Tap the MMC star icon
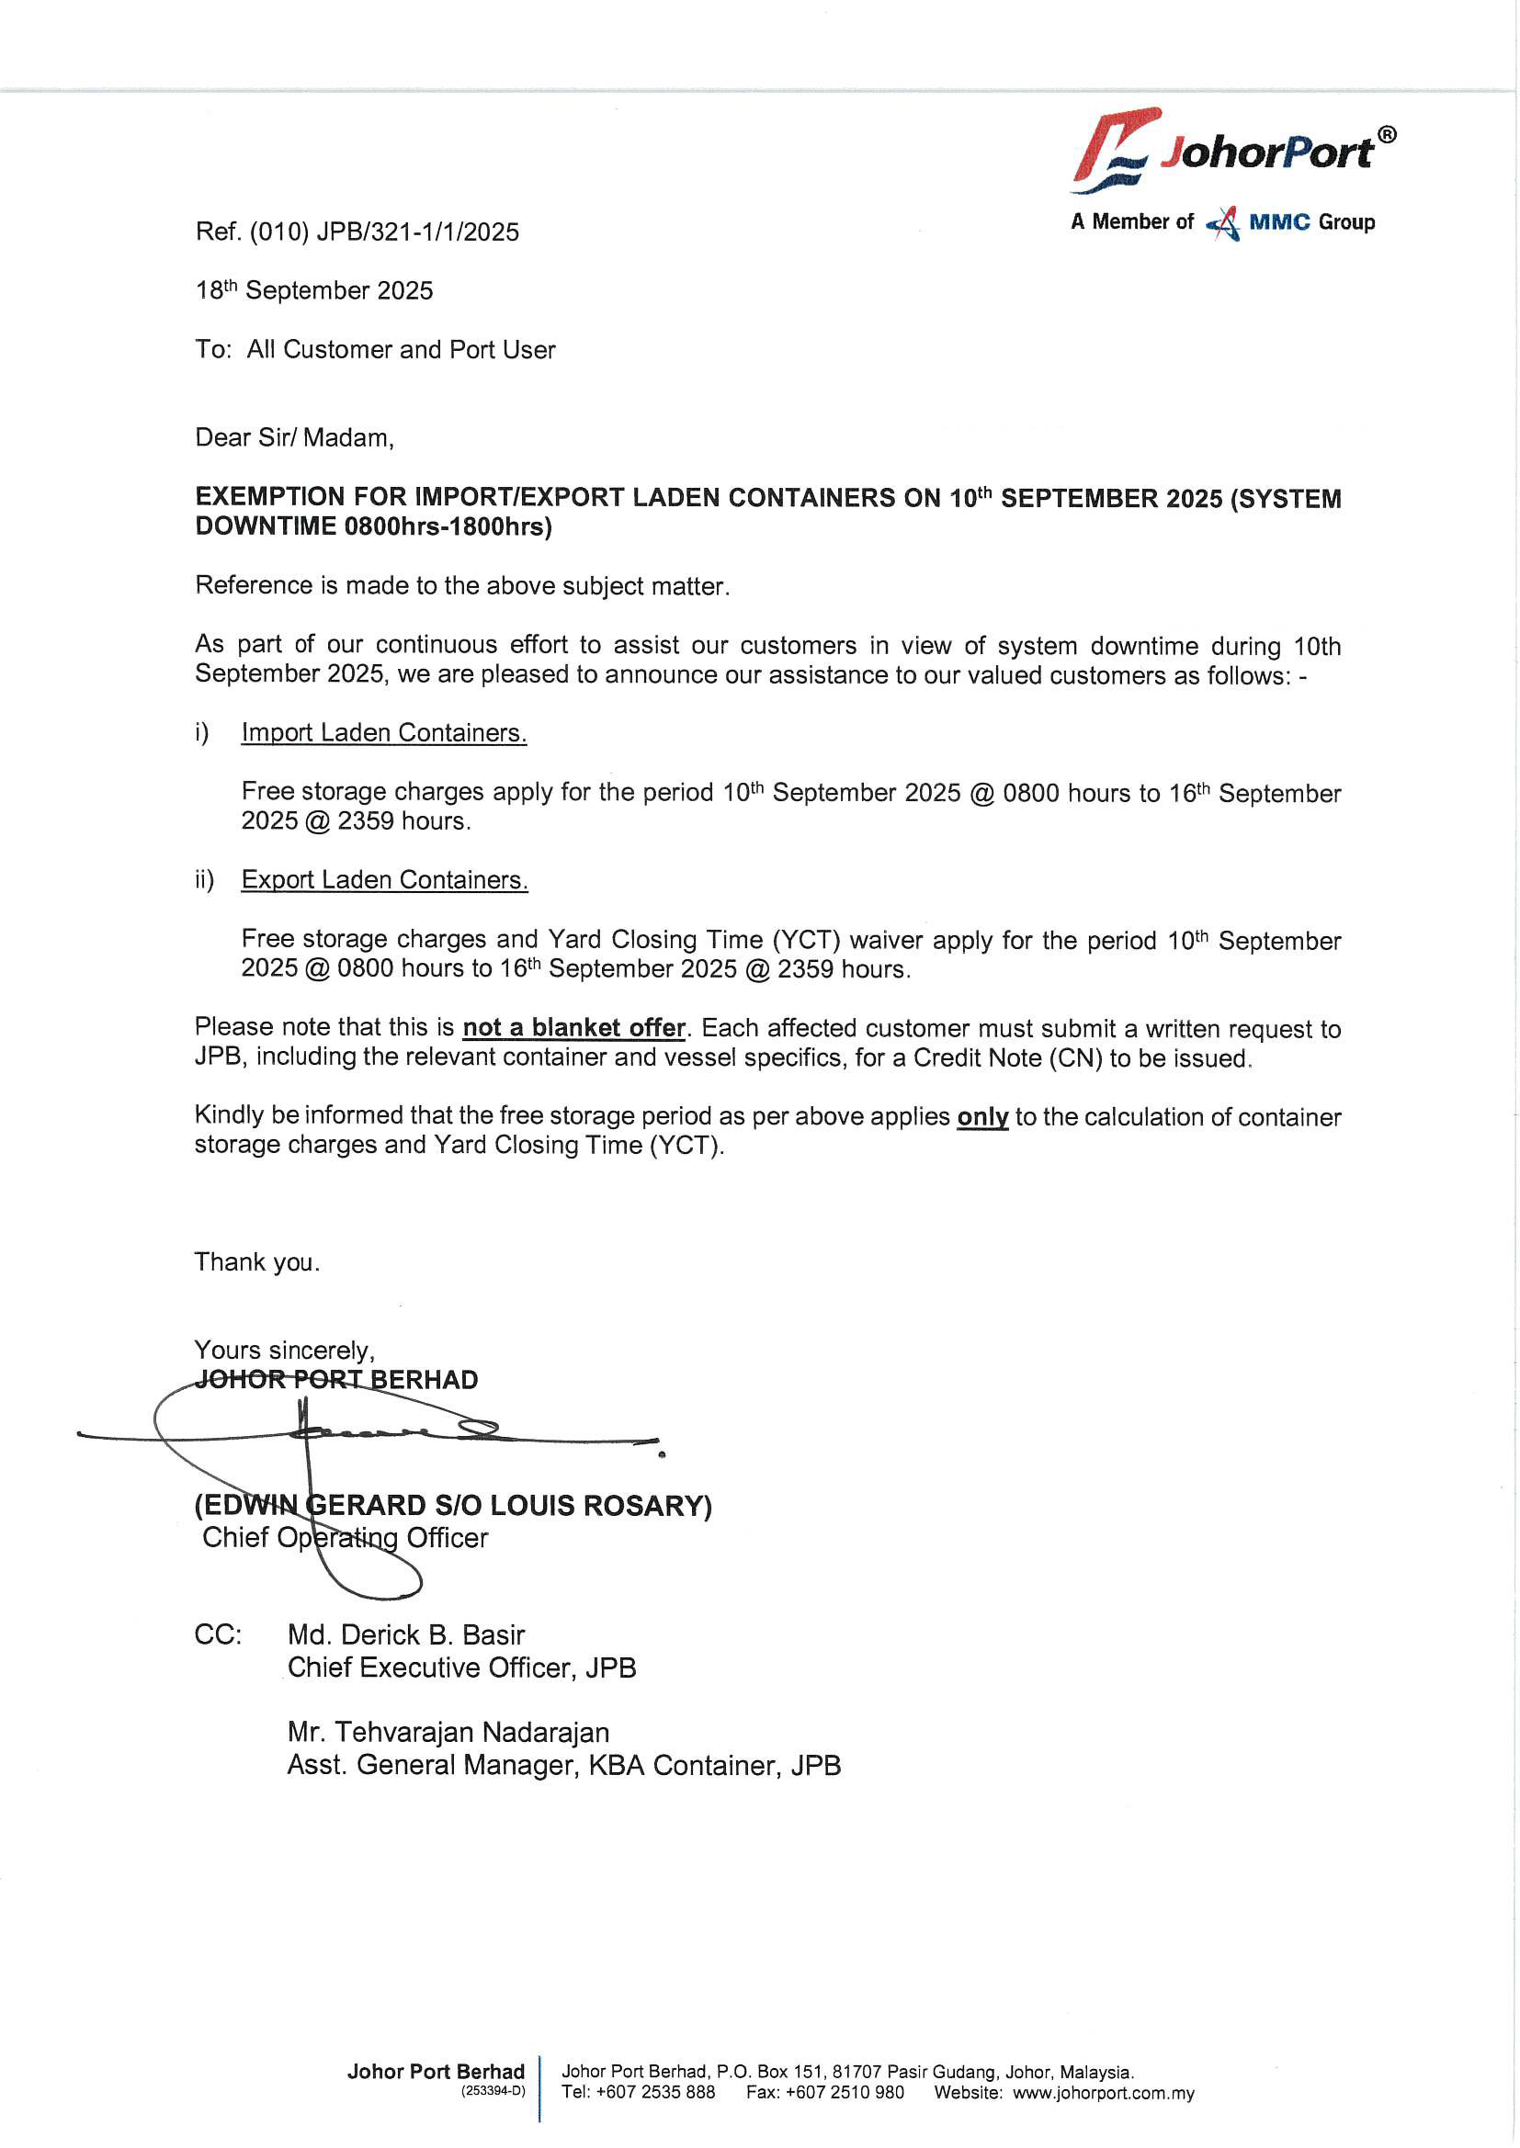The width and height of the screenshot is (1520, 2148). click(x=1224, y=223)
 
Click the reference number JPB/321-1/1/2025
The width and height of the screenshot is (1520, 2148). click(x=416, y=232)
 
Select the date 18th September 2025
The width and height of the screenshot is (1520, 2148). click(x=314, y=291)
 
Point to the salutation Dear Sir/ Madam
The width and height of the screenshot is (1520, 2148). click(x=294, y=438)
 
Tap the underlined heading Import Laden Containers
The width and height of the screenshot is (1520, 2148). click(x=384, y=732)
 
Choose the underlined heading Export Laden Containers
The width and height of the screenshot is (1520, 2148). click(x=385, y=879)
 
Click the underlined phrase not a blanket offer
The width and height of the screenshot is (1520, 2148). click(x=573, y=1027)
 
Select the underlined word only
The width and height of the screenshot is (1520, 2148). click(x=981, y=1116)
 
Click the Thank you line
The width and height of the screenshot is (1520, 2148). click(x=256, y=1262)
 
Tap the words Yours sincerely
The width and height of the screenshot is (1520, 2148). click(x=285, y=1350)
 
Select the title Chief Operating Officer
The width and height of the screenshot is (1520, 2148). click(x=345, y=1537)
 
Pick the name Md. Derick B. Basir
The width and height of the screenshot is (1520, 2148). click(x=405, y=1634)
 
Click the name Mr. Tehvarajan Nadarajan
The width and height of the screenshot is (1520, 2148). click(x=448, y=1732)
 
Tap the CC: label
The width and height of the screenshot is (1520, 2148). click(x=218, y=1634)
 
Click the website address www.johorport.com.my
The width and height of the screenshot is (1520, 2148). click(x=1103, y=2093)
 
